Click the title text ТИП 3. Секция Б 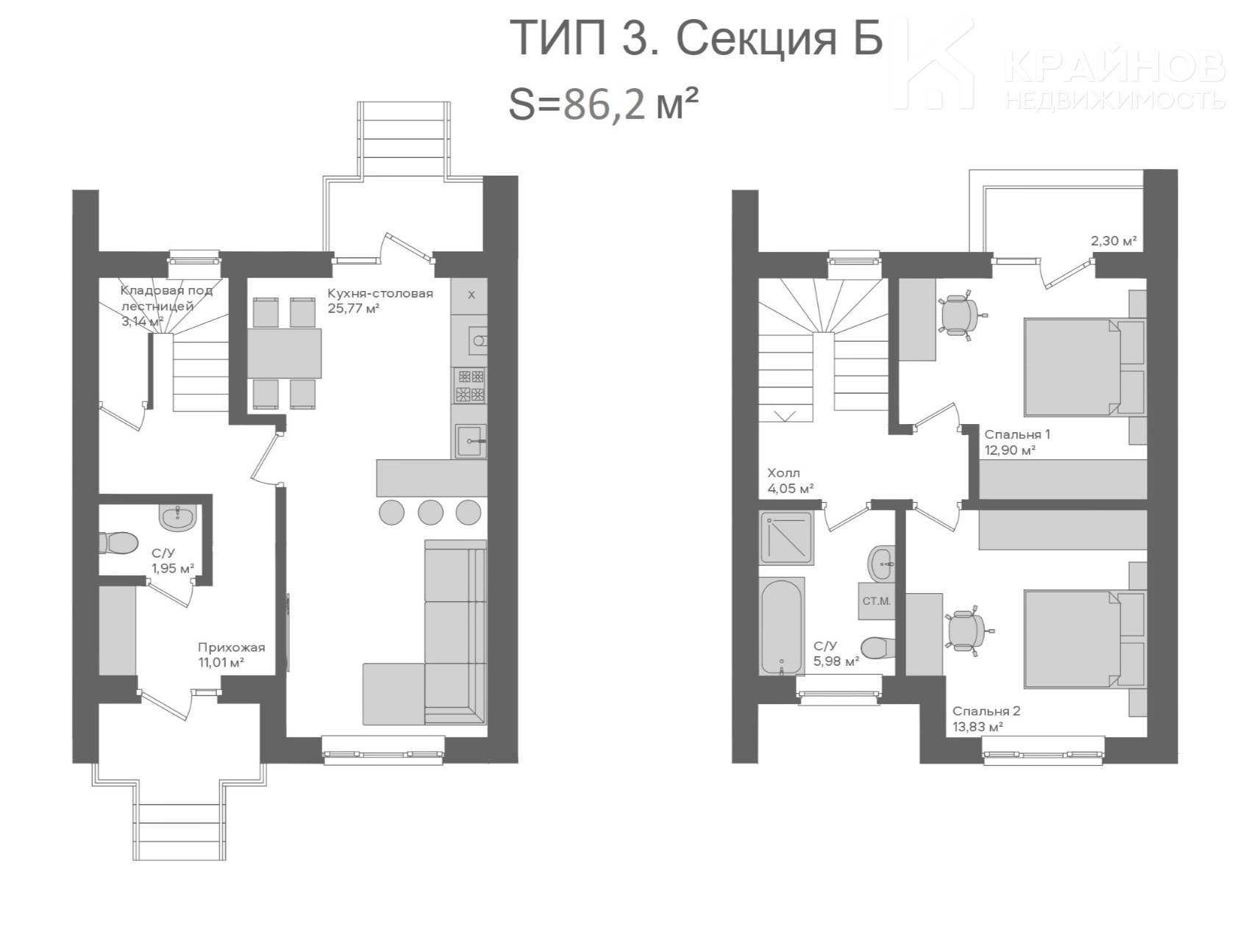pos(696,38)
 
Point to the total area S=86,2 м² pos(603,105)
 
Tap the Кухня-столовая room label pos(380,293)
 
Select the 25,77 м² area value pos(353,309)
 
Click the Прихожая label pos(231,647)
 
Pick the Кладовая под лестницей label pos(166,298)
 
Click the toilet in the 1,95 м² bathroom pos(118,544)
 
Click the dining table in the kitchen pos(284,353)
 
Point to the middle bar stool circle pos(430,512)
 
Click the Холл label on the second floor pos(783,473)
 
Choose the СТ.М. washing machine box pos(876,601)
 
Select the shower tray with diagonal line pos(786,537)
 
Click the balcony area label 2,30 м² pos(1114,240)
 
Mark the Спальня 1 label pos(1017,434)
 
